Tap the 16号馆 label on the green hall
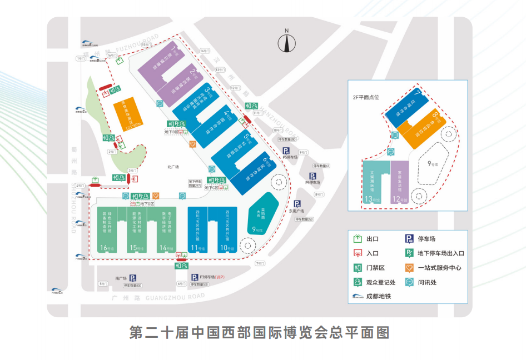point(104,247)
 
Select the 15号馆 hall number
point(134,247)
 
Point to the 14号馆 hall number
point(164,247)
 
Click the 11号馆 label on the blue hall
point(195,247)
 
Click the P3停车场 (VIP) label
point(208,277)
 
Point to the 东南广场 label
point(297,211)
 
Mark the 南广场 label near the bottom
point(121,278)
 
